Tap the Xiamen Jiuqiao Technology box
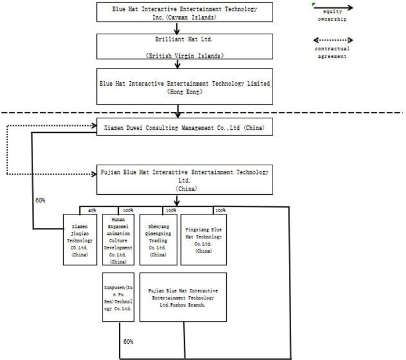pos(79,239)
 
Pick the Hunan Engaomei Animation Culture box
pos(118,239)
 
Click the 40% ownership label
pos(92,210)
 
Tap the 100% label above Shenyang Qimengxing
pos(172,210)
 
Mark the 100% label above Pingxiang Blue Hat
pos(220,210)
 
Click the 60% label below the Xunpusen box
pos(128,342)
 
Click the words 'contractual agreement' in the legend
pos(332,52)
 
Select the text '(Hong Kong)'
pos(184,92)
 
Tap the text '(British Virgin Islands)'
pos(184,56)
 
